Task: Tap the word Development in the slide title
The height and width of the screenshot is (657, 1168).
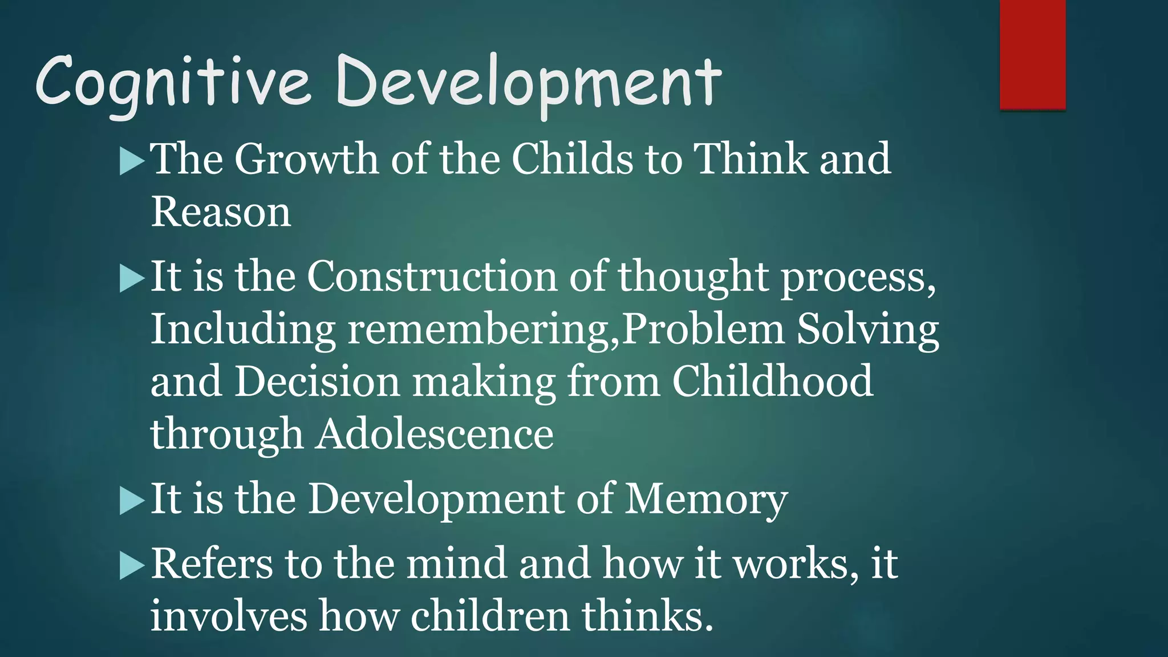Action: coord(529,83)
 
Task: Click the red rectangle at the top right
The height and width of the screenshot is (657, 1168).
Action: coord(1032,54)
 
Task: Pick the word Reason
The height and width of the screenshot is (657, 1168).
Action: coord(221,212)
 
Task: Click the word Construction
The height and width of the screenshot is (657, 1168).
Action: coord(432,277)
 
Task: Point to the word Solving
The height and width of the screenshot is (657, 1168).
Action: coord(867,330)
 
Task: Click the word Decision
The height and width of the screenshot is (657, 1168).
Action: coord(317,382)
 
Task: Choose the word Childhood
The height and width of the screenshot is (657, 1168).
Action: coord(772,382)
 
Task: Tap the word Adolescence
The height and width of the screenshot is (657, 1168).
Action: coord(435,434)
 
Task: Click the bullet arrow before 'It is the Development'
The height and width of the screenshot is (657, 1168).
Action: coord(132,501)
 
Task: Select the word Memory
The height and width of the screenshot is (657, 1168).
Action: coord(706,500)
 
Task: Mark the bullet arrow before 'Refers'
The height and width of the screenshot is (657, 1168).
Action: coord(132,566)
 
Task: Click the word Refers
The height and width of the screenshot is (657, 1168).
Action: coord(212,564)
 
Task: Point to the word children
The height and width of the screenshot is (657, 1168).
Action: coord(490,617)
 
